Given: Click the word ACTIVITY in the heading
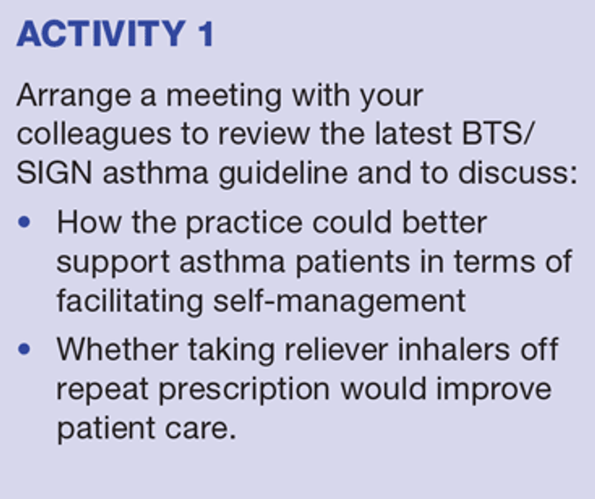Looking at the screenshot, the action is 101,34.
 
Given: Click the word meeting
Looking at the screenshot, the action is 225,97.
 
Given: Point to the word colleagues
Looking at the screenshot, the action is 94,136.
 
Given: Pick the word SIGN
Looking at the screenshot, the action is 54,173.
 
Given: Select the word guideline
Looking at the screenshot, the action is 282,175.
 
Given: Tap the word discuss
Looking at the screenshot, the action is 517,173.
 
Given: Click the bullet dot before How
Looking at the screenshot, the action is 24,222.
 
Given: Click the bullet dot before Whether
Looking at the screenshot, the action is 24,349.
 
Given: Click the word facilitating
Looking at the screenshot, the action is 130,301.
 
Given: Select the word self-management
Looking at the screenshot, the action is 340,301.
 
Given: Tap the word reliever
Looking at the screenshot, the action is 336,349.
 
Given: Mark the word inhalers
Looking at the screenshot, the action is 454,349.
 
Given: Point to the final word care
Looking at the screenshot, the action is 201,429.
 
